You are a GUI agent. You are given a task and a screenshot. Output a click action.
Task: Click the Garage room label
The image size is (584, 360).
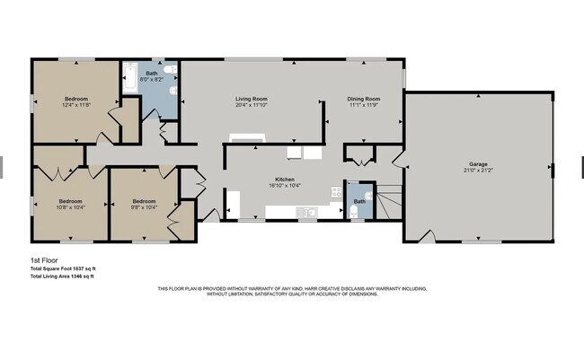click(x=477, y=164)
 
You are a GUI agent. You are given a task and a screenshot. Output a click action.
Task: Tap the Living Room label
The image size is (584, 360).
click(x=252, y=98)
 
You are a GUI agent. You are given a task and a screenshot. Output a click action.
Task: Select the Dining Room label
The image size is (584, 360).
click(x=364, y=98)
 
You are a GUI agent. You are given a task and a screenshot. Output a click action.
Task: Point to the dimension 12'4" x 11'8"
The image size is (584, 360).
click(x=75, y=104)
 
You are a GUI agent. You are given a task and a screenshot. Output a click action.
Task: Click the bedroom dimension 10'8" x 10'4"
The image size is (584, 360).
click(x=70, y=207)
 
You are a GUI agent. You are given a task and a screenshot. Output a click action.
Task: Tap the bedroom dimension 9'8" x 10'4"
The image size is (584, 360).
click(x=144, y=207)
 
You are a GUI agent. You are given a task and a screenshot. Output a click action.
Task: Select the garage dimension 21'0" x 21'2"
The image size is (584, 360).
click(x=477, y=171)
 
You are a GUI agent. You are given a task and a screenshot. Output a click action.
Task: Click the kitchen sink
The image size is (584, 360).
click(x=307, y=213)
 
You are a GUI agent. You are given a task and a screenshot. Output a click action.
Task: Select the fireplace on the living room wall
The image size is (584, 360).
click(x=247, y=138)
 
